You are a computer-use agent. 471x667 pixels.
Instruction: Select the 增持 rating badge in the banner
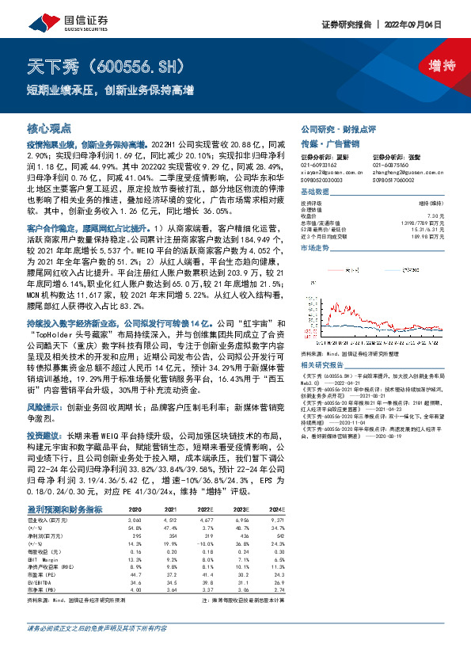pyautogui.click(x=430, y=66)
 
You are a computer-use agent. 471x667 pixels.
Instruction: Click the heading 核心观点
pyautogui.click(x=49, y=128)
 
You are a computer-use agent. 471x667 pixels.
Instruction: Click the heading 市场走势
pyautogui.click(x=315, y=248)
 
